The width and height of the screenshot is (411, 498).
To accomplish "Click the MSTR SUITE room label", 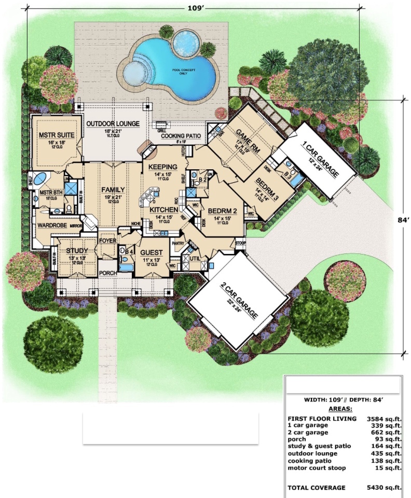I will tap(57, 136).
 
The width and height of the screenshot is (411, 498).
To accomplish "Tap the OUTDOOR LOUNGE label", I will tap(113, 124).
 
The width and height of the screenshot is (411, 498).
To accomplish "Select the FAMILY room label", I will tap(113, 190).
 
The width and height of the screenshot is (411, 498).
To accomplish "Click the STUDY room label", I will tap(76, 251).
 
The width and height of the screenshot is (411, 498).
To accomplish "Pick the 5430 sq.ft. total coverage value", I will tap(383, 488).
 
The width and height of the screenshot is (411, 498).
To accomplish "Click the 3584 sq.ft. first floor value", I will tap(383, 418).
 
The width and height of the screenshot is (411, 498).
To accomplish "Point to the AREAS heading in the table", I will tap(341, 409).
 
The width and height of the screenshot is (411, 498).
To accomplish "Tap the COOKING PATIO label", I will tap(180, 136).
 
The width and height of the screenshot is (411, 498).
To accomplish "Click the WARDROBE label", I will tap(50, 226).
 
